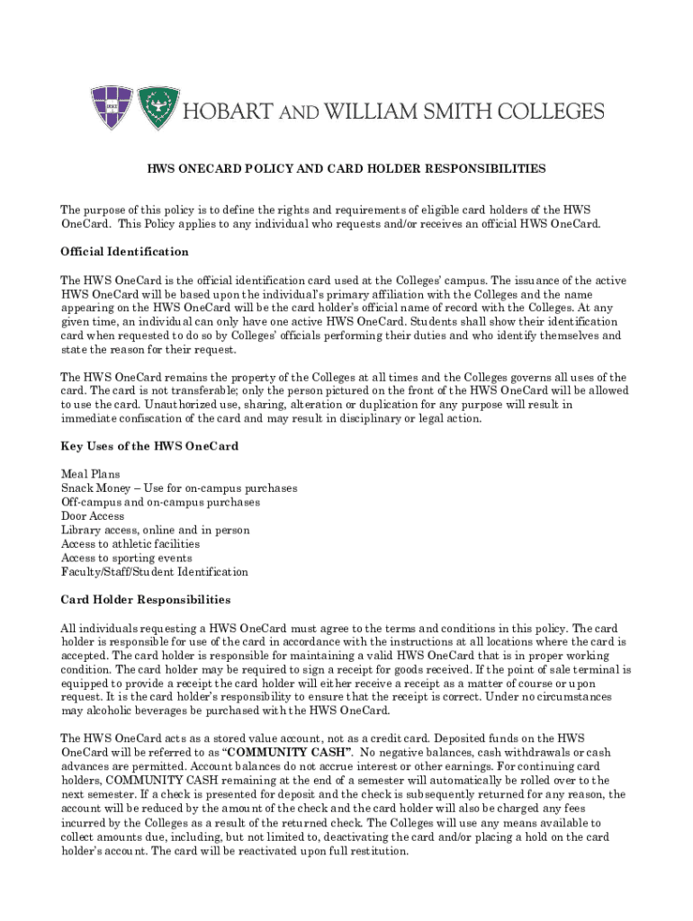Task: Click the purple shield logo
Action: click(111, 108)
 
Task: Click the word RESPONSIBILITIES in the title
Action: click(475, 168)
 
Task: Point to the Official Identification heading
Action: click(124, 252)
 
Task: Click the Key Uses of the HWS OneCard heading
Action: click(148, 446)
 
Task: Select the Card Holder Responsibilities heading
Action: click(145, 599)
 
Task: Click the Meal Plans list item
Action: click(90, 474)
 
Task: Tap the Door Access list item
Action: click(93, 516)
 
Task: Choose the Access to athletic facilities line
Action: click(130, 544)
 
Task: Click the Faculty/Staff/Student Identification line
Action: click(154, 572)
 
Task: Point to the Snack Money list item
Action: click(178, 488)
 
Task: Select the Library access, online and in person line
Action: click(155, 530)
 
